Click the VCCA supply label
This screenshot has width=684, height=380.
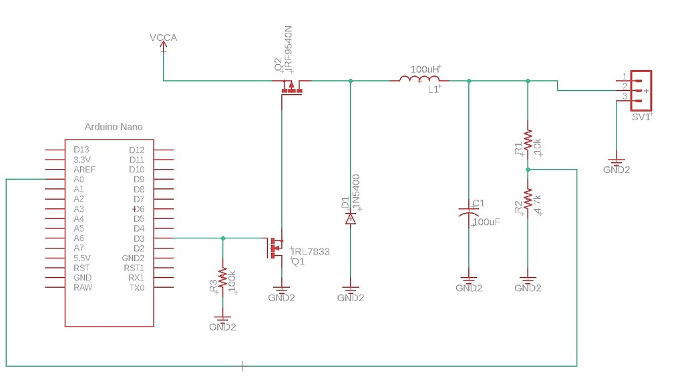coord(164,37)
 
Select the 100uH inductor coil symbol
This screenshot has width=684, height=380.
coord(419,80)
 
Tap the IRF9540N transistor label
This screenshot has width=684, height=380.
coord(289,49)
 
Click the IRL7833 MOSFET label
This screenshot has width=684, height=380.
coord(311,252)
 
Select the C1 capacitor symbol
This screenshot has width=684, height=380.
coord(469,212)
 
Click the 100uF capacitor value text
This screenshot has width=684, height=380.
coord(486,222)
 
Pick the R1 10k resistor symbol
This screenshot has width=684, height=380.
coord(528,140)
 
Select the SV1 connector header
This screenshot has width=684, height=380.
coord(640,90)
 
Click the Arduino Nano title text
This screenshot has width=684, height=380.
coord(114,127)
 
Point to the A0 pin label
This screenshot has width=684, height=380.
coord(79,180)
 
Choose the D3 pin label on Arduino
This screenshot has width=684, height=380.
coord(139,238)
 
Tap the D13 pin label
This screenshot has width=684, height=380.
coord(81,150)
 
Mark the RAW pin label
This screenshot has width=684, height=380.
coord(83,288)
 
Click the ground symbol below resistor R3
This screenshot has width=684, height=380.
coord(222,320)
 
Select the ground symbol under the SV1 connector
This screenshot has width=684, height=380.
coord(616,162)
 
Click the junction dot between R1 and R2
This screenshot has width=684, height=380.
coord(528,170)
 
